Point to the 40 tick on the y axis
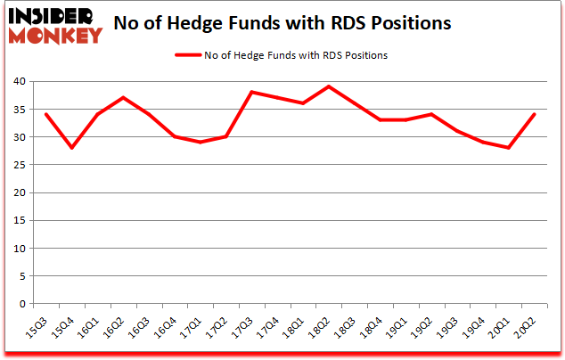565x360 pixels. (18, 82)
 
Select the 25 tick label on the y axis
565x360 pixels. (18, 165)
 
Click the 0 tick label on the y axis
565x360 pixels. (21, 304)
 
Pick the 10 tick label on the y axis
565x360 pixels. (18, 249)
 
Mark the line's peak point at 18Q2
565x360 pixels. (330, 86)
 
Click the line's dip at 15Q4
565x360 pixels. (71, 148)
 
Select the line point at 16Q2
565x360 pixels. (123, 98)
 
